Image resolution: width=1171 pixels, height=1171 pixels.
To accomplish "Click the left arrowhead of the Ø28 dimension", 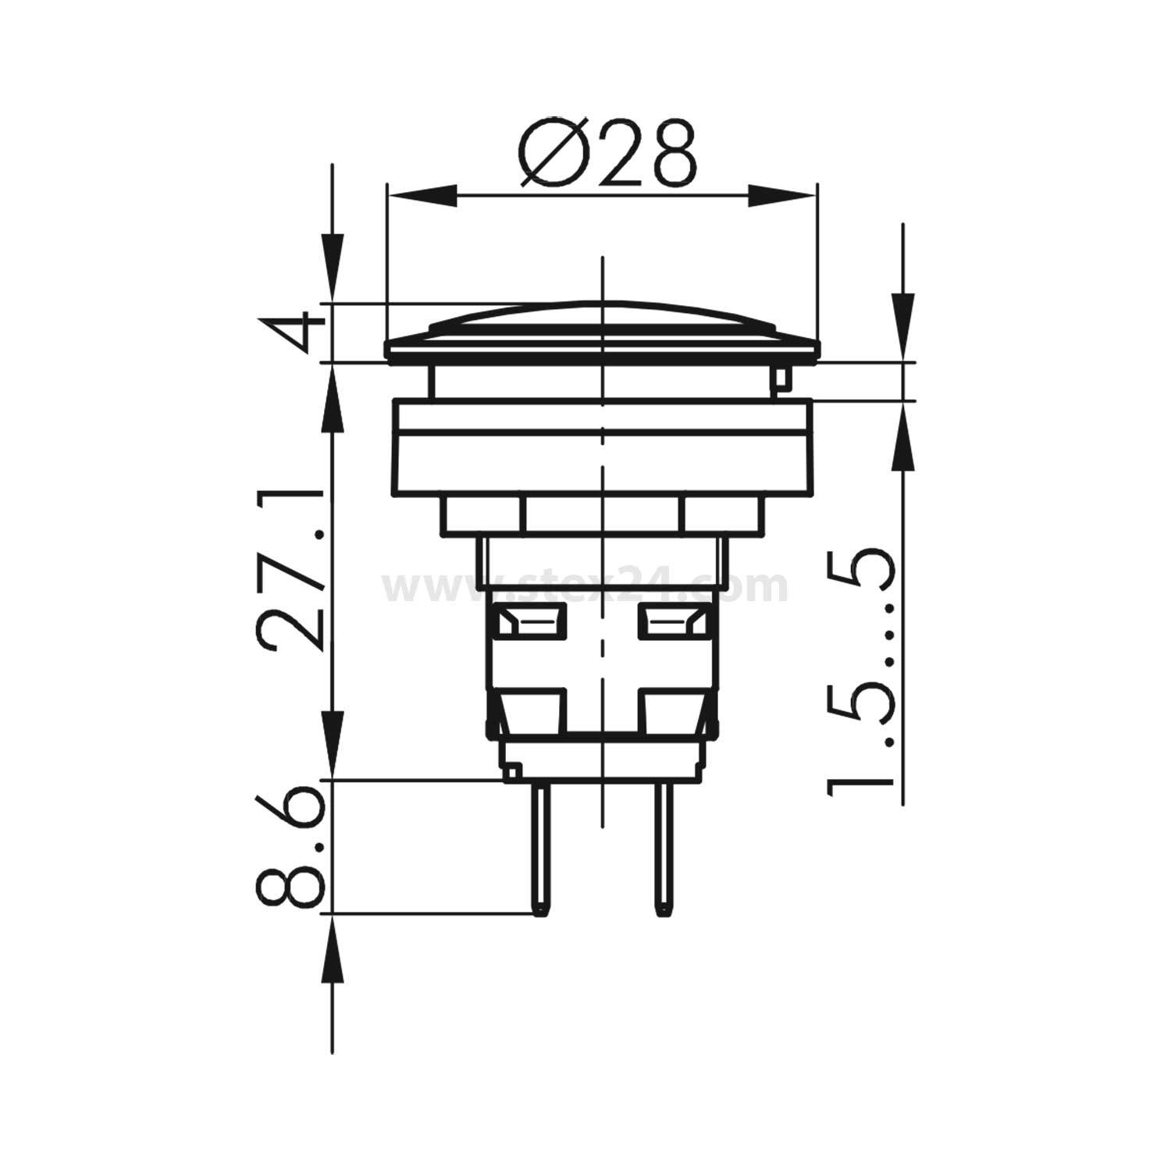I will [422, 195].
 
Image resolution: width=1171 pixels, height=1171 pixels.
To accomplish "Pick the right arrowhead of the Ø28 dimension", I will [781, 195].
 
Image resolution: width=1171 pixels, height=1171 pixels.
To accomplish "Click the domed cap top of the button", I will [602, 320].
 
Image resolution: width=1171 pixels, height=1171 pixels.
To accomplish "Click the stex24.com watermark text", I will [585, 585].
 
